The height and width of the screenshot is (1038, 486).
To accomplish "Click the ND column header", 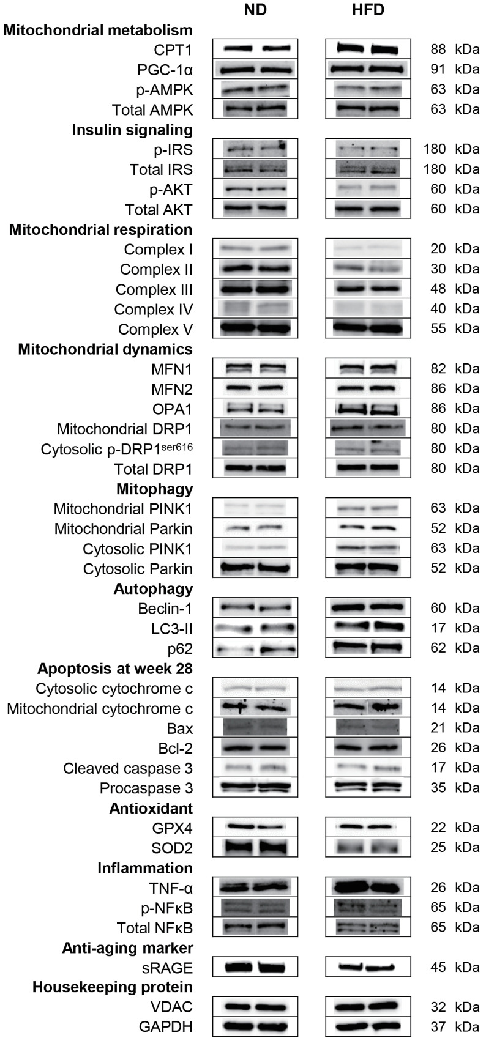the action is (x=255, y=11).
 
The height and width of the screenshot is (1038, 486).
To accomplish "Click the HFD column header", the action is (x=368, y=11).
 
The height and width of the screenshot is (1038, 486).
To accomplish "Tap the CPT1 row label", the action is (x=174, y=50).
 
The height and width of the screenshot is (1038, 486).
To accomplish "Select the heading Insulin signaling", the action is (x=132, y=130).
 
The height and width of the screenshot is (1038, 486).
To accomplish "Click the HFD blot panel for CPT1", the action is (x=368, y=50).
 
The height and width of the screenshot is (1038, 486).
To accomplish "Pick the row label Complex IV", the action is (x=153, y=309).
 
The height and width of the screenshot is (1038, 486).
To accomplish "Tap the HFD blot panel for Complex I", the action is (x=368, y=249).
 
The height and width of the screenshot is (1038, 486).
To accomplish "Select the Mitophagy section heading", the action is (x=154, y=489).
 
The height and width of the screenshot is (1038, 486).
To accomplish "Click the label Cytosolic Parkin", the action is (x=138, y=569).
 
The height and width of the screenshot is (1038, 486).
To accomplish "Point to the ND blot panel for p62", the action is (x=255, y=648).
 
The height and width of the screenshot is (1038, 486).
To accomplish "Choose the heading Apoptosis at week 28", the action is (x=115, y=669).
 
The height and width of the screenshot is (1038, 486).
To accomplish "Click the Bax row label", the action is (x=179, y=728).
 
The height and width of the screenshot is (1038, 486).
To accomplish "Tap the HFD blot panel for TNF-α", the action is (x=368, y=887).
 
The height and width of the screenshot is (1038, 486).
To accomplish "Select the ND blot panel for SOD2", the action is (x=255, y=848).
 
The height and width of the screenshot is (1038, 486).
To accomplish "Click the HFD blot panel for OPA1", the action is (x=368, y=409).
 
